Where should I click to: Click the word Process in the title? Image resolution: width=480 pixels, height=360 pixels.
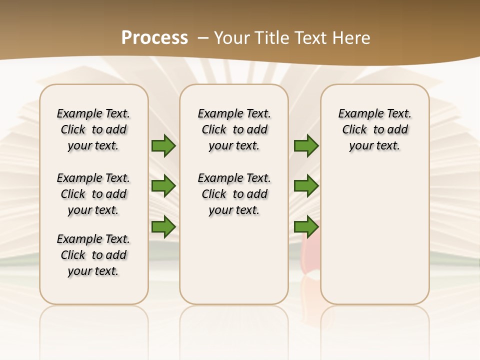(154, 37)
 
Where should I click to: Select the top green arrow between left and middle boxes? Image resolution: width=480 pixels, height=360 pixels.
(163, 146)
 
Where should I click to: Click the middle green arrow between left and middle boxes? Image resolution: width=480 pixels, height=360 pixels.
(163, 186)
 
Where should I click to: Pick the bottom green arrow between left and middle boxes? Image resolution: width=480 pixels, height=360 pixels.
(163, 227)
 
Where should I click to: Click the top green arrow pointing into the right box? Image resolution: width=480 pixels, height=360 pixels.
(306, 146)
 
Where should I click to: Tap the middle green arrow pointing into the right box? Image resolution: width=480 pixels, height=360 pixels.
(306, 186)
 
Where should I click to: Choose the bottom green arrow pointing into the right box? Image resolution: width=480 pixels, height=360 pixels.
(306, 227)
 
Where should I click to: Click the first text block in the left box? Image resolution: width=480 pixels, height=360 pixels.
(93, 129)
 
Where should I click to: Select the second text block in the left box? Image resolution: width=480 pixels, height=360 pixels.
(93, 194)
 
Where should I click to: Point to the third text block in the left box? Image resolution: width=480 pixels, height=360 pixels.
(93, 255)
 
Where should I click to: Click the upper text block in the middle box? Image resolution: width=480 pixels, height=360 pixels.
(234, 129)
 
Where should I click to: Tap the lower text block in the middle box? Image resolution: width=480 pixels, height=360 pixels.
(234, 194)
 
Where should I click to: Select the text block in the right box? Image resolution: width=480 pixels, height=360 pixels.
(374, 129)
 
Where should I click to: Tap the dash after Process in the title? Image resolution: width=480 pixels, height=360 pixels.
(202, 37)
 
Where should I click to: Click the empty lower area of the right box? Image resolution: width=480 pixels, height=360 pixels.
(374, 240)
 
